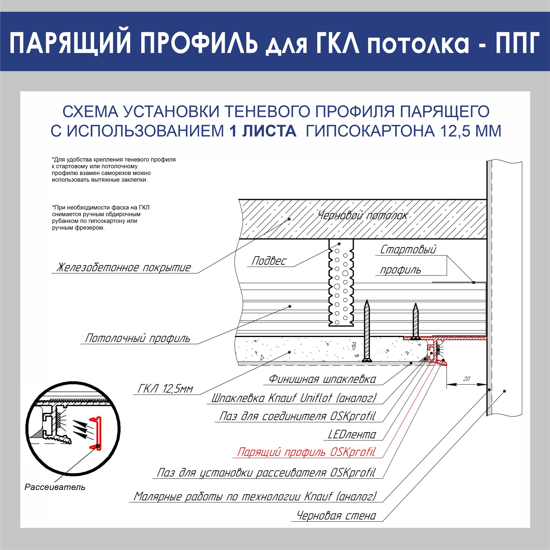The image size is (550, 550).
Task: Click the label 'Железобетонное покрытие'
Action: coord(124,268)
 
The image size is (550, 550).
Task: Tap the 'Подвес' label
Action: coord(269,261)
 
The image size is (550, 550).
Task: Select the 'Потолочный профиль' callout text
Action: coord(138,338)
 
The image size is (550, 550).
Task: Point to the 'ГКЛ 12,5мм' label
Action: coord(165,389)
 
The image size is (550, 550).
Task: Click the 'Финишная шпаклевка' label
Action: coord(322,379)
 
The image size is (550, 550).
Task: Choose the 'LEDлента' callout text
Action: coord(352,435)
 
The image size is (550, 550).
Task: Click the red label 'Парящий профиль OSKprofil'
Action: coord(306,452)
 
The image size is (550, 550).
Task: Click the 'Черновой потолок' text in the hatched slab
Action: coord(362,216)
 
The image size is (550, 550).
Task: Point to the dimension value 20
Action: coord(466,379)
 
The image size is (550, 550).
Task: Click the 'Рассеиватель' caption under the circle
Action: coord(55,487)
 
